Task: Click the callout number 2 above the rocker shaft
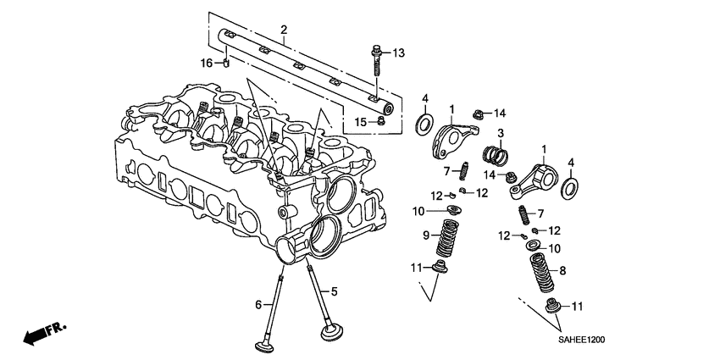[x=285, y=30]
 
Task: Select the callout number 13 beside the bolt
[x=399, y=53]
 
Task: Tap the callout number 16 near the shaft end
[x=206, y=64]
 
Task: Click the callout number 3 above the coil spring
[x=501, y=133]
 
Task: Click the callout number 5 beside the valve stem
[x=334, y=292]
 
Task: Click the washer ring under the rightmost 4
[x=572, y=186]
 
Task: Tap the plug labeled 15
[x=379, y=122]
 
